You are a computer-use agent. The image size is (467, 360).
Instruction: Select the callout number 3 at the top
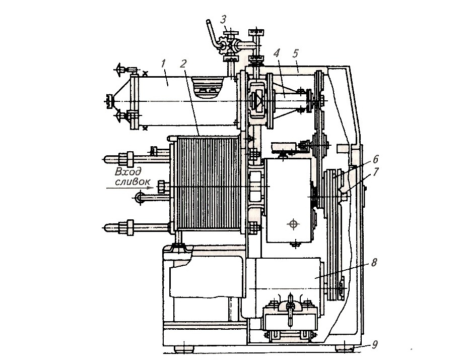[224, 20]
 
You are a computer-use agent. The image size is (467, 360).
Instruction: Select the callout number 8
[373, 263]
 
